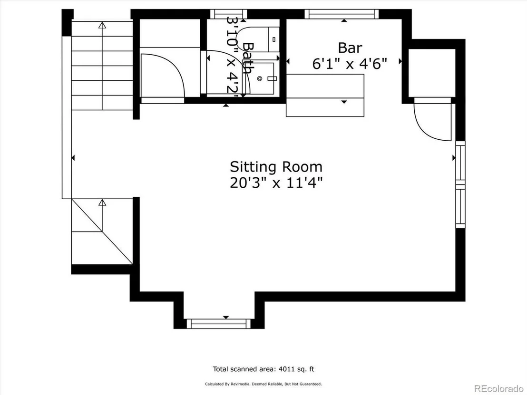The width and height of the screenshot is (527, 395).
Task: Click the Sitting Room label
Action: (276, 167)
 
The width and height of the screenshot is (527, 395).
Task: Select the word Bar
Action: (350, 48)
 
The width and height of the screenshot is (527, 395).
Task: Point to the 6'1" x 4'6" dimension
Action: (350, 64)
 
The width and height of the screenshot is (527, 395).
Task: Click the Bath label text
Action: (248, 58)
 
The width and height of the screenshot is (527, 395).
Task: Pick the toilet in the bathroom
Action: (258, 39)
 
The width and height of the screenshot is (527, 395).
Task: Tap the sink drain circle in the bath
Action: (260, 78)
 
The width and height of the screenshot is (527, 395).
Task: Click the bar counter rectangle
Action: (325, 96)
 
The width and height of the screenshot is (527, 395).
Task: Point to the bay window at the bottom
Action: (219, 324)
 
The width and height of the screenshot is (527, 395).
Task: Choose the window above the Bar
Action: (342, 14)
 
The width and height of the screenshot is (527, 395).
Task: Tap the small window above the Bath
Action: (229, 14)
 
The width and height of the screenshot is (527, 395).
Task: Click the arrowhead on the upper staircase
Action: (102, 25)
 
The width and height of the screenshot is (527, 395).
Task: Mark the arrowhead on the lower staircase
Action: (102, 202)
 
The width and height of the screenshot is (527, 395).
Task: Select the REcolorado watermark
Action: (498, 388)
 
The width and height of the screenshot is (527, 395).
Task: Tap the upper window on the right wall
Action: (460, 163)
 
